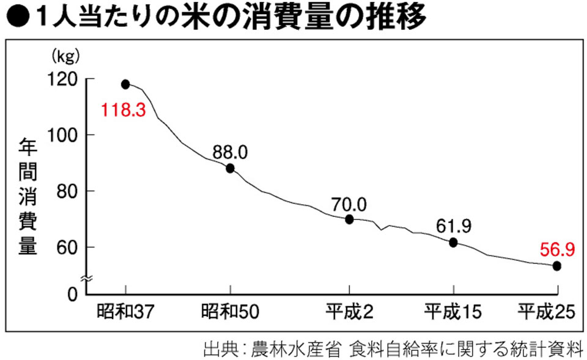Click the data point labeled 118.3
point(125,84)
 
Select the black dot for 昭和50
point(230,169)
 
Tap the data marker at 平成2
point(349,219)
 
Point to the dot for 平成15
point(453,243)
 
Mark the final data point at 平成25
point(556,266)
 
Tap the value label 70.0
point(349,203)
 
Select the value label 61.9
point(453,226)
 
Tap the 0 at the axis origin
point(73,294)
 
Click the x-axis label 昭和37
point(124,312)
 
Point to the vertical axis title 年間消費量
point(28,196)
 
